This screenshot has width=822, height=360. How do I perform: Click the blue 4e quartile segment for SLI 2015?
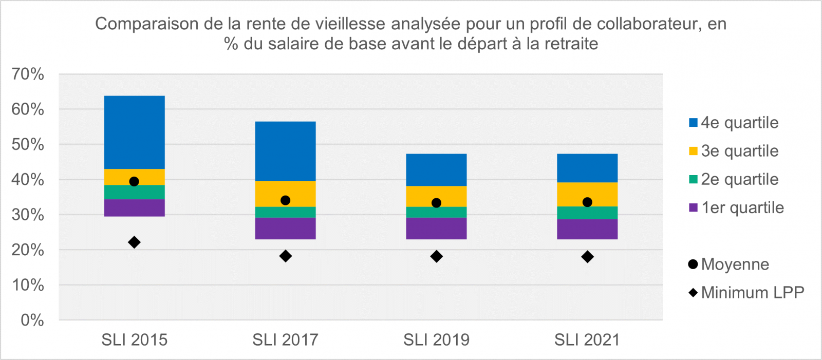134,132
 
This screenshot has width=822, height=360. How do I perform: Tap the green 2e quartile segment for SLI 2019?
436,212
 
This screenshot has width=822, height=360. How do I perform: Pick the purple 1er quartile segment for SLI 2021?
587,229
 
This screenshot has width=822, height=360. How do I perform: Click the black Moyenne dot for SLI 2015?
134,181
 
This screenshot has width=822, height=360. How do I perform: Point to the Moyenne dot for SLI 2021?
587,202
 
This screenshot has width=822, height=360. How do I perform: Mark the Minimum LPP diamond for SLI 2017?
286,256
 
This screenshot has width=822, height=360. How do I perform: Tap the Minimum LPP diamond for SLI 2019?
437,257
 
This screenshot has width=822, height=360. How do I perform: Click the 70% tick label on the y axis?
28,74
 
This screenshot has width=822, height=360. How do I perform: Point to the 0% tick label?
32,320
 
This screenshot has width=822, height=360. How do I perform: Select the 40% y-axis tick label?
28,180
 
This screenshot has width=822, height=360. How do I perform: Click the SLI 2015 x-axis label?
134,340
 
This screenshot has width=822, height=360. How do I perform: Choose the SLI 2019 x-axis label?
436,340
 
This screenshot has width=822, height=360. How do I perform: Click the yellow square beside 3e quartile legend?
693,151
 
